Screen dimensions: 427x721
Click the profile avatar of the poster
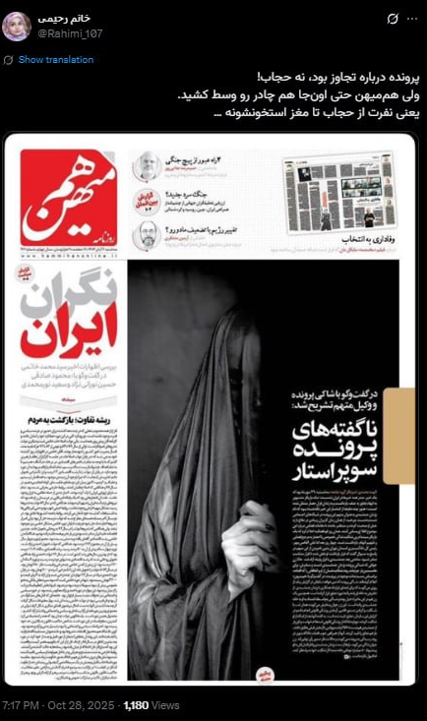point(17,27)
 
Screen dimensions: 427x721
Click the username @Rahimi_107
point(70,33)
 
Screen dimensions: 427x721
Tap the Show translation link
point(55,60)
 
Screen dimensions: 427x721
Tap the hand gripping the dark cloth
point(247,536)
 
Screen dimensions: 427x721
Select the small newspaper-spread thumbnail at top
point(338,193)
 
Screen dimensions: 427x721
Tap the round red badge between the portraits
point(142,202)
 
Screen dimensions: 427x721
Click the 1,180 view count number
point(136,705)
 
